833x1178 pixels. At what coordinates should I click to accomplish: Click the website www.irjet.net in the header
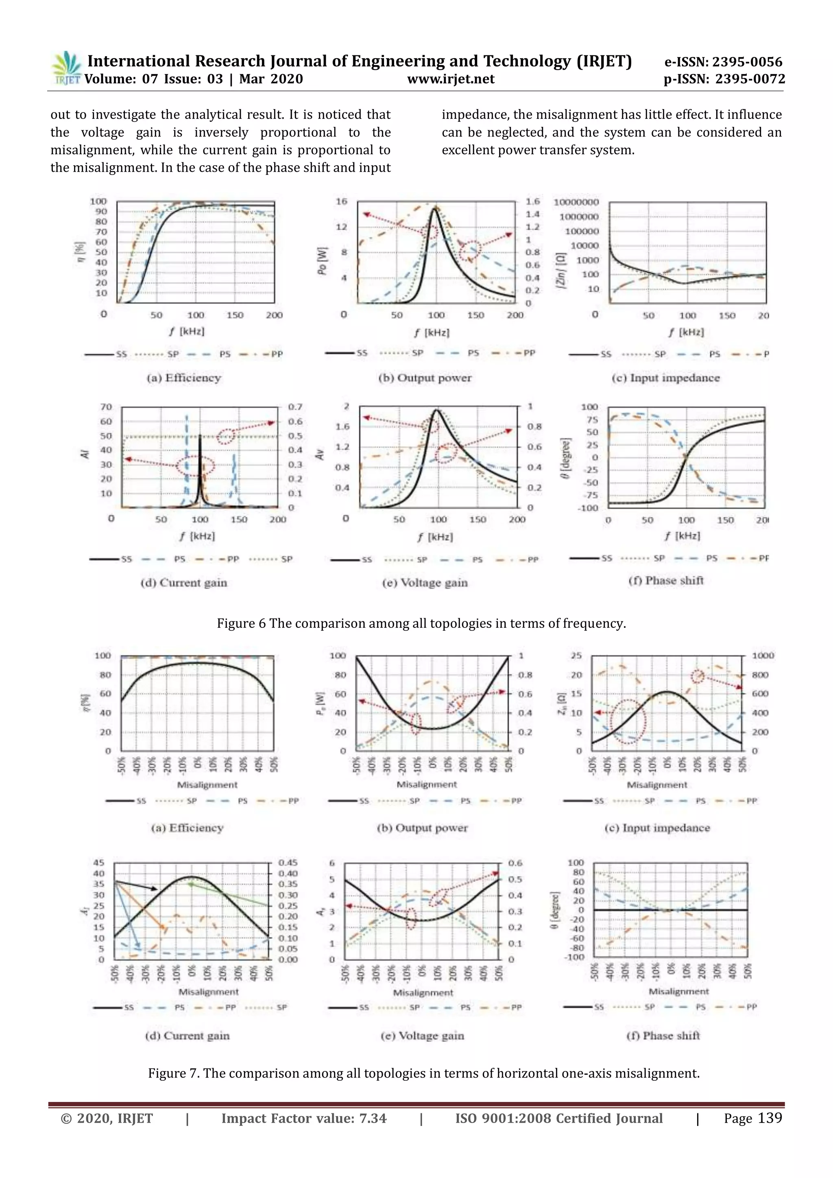click(x=450, y=79)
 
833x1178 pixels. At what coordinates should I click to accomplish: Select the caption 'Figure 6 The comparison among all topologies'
click(x=421, y=623)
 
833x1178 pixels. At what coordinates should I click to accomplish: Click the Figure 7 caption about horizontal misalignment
click(x=424, y=1073)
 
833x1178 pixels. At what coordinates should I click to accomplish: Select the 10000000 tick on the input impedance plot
click(x=576, y=202)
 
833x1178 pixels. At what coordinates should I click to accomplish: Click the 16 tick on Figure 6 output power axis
click(x=342, y=202)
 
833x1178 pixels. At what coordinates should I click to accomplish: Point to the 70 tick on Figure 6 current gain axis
click(x=106, y=407)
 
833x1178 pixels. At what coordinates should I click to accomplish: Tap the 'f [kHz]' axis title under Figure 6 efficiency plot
click(x=187, y=332)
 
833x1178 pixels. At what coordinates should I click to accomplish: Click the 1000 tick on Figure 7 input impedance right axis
click(x=763, y=656)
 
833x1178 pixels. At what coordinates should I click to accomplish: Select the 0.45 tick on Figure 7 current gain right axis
click(x=288, y=863)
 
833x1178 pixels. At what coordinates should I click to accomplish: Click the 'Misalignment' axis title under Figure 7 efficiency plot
click(x=207, y=785)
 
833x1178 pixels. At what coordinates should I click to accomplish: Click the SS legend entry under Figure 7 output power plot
click(x=349, y=800)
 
